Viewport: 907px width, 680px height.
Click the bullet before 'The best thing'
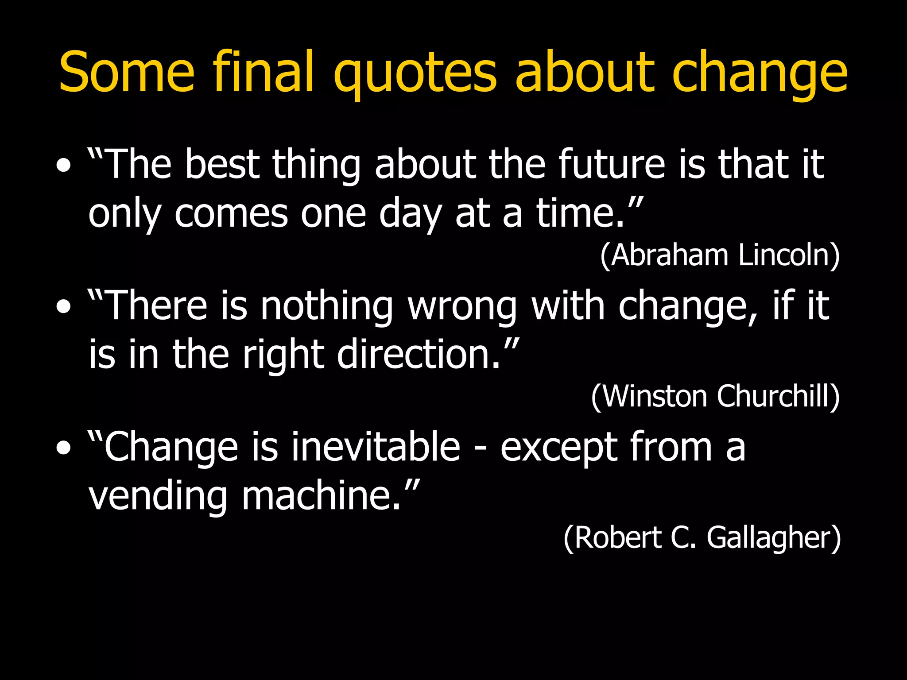64,166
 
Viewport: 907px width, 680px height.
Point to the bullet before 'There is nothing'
64,307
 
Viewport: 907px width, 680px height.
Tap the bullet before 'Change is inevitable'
64,448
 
